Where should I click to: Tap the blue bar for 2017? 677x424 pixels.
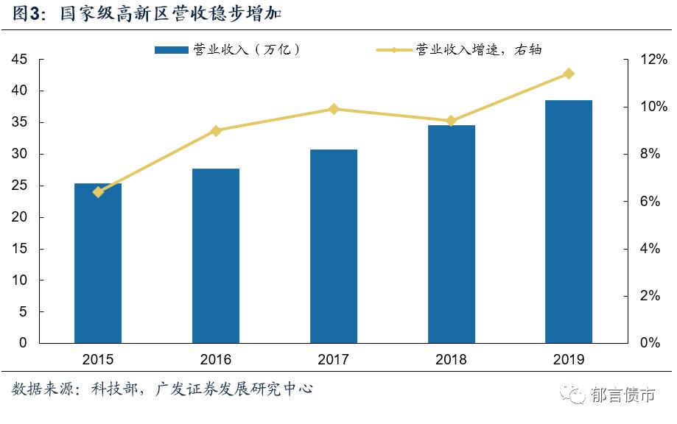(334, 247)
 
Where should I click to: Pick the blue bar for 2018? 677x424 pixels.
(452, 234)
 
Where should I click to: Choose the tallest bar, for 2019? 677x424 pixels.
(569, 222)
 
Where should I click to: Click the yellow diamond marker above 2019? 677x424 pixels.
(569, 74)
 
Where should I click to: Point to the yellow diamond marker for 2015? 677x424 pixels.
(98, 192)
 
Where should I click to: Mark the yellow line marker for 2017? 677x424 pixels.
(334, 109)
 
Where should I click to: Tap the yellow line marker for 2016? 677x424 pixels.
(216, 130)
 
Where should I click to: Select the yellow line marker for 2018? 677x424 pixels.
(452, 121)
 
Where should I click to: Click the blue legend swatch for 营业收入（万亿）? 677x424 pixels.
(171, 50)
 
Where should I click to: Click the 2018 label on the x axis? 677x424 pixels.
(452, 360)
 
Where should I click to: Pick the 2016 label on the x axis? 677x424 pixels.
(216, 360)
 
